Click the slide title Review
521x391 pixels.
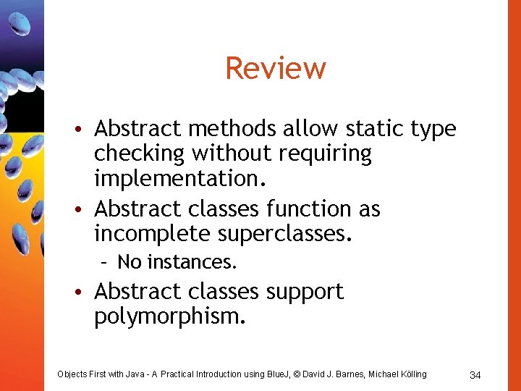coord(276,69)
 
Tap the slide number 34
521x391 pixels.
coord(475,375)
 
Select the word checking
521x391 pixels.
coord(139,154)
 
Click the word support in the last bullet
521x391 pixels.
coord(305,292)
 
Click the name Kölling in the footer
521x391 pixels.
coord(410,374)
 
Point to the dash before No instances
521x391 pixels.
coord(106,261)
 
